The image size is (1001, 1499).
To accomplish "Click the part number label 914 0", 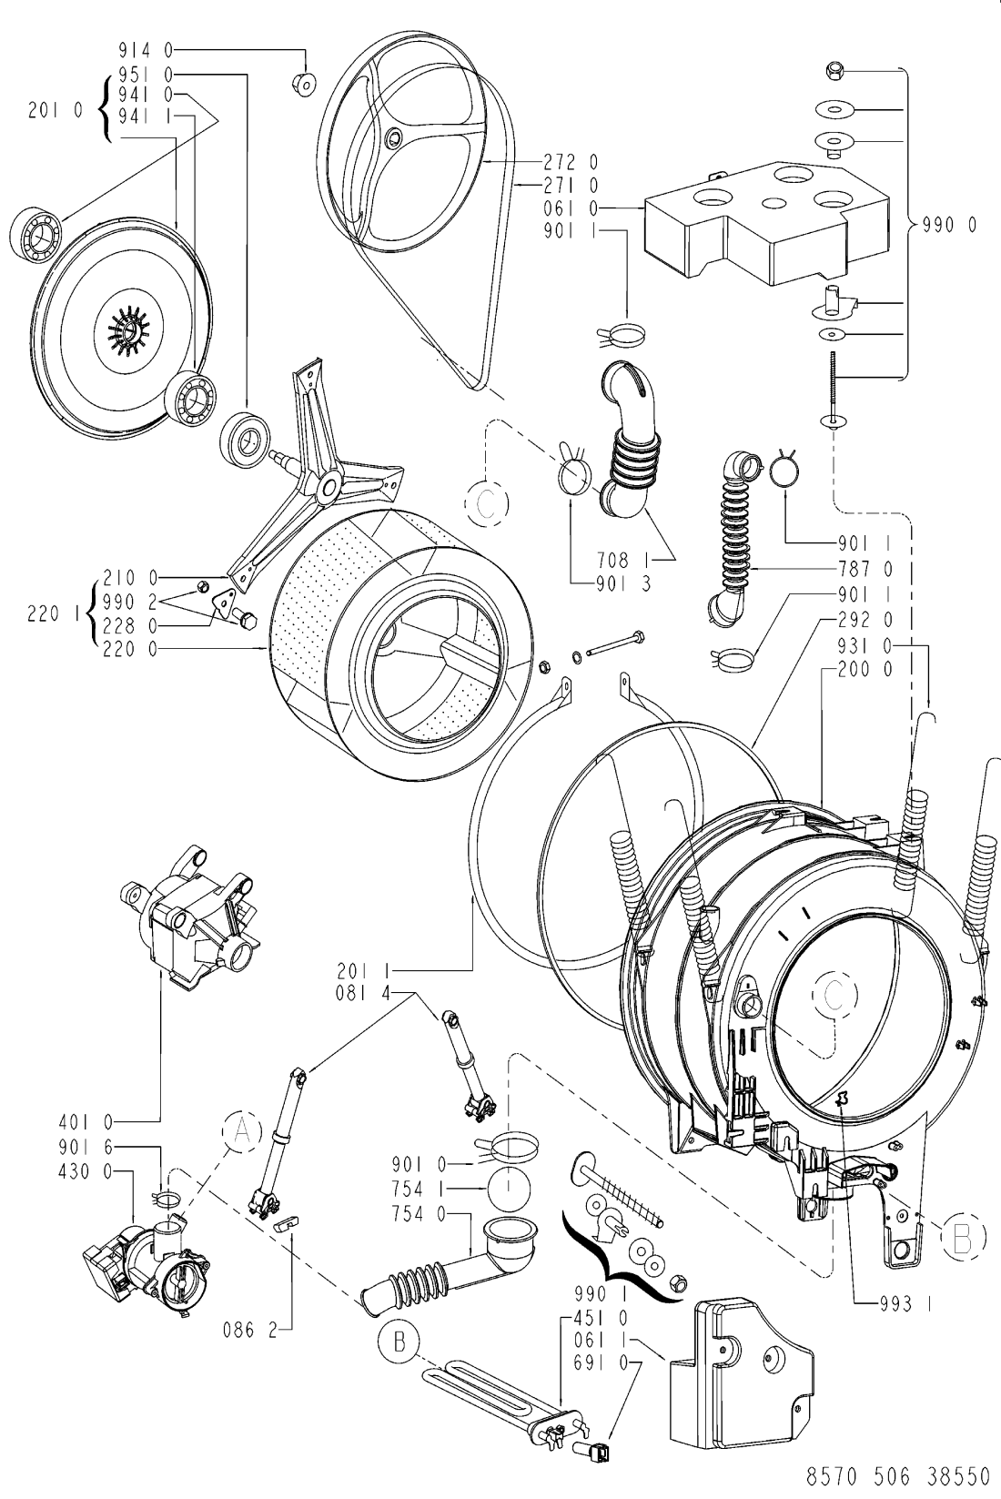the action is click(x=146, y=49).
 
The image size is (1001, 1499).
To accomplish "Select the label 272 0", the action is click(x=571, y=161).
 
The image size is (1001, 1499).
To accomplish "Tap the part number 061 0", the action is click(x=571, y=208).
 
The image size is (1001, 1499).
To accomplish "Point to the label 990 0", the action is click(x=949, y=226).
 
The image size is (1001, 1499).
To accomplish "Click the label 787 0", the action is click(x=865, y=569).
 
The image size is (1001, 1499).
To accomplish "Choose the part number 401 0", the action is click(x=86, y=1121).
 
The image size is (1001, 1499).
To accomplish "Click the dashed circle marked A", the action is click(x=241, y=1131).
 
